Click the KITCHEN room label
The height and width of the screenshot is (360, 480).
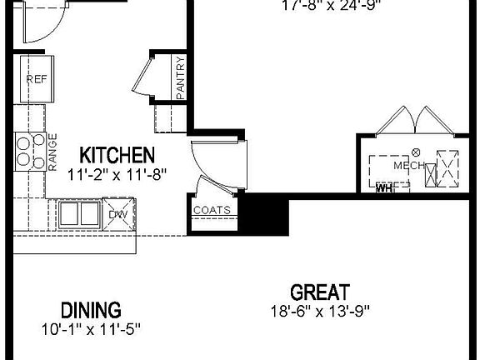click(117, 155)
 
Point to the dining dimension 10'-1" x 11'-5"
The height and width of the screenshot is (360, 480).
click(92, 329)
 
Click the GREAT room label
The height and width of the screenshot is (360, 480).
click(319, 292)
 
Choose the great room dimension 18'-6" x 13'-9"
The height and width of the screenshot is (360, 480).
click(319, 312)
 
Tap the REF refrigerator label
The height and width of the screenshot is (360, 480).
click(36, 80)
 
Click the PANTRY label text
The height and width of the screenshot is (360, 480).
click(181, 78)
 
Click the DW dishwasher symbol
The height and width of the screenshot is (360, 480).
click(117, 214)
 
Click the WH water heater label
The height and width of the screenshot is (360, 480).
click(384, 188)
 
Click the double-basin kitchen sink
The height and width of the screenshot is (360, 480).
click(80, 213)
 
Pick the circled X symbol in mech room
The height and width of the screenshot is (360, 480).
click(417, 152)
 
